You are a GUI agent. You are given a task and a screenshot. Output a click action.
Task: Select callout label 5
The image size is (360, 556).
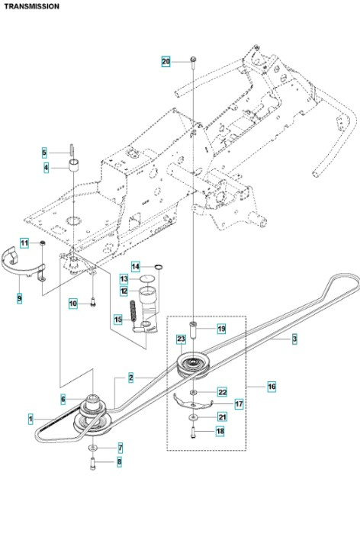point(45,153)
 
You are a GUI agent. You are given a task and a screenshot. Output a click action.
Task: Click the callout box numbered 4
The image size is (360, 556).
point(46,167)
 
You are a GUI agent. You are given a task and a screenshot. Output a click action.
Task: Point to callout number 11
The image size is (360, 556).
point(24,243)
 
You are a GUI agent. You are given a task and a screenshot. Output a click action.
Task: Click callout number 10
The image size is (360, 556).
point(73,304)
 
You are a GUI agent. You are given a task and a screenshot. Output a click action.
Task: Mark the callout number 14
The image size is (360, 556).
point(136,266)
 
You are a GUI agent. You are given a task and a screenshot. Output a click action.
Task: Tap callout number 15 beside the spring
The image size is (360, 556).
point(118,319)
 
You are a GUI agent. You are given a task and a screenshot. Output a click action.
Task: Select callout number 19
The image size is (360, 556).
point(222,329)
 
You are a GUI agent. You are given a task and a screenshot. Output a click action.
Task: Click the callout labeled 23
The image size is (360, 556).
point(182,339)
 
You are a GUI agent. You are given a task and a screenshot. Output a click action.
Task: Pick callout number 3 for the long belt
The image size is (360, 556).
point(294,339)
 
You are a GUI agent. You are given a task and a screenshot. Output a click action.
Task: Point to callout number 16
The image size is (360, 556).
point(272,387)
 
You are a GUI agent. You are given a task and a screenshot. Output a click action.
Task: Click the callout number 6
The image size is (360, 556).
point(63,399)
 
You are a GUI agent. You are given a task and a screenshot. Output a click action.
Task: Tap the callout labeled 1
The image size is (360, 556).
point(31,419)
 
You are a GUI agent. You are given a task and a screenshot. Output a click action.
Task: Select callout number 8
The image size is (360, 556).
point(119,461)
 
